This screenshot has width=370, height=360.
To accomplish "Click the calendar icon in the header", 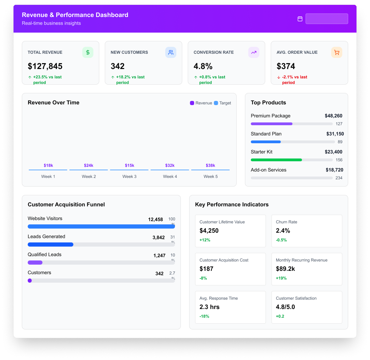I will pos(300,19).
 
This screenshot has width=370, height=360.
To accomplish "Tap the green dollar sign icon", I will pos(88,52).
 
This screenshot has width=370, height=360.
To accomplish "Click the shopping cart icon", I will pos(336,52).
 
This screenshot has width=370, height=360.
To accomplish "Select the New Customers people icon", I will pos(170,52).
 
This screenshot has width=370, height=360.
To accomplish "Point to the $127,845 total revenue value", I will pos(45,66).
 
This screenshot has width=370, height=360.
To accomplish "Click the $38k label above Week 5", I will pos(210,165).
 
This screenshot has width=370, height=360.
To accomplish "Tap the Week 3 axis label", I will pos(129,177).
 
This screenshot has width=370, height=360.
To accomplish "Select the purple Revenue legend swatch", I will pos(192,103).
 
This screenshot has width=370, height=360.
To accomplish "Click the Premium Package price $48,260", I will pos(333,116).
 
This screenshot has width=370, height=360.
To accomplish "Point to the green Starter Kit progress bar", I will pos(276,160).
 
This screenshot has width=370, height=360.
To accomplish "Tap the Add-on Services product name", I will pos(268,170).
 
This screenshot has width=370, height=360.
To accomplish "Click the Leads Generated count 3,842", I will pos(159,238).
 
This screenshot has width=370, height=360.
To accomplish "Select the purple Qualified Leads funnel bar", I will pos(35,263).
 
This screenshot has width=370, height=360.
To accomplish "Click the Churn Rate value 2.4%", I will pos(283,231).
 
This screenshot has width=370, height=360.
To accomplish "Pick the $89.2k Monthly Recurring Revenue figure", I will pos(285,269).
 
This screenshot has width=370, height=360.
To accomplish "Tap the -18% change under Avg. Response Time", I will pos(204,316).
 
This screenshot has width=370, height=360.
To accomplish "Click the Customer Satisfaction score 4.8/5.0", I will pos(285,307).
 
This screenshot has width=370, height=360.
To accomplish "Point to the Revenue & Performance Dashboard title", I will pos(75,15).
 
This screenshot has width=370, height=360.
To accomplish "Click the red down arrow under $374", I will pos(279,77).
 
